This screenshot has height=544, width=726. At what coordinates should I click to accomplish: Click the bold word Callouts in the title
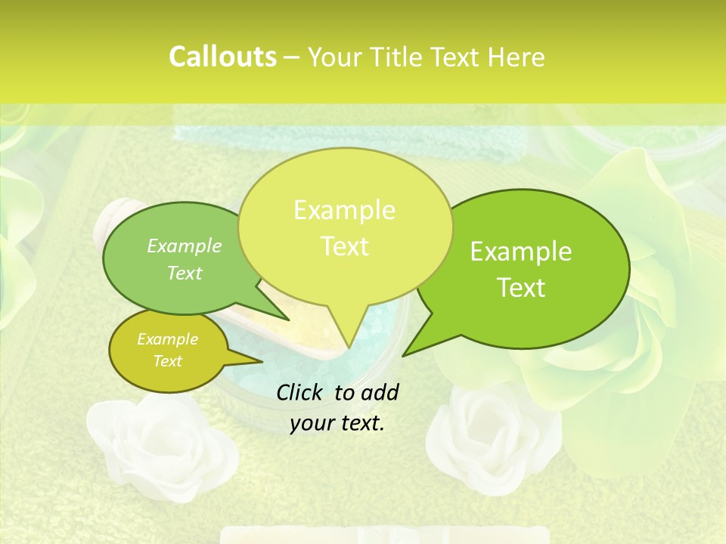(222, 57)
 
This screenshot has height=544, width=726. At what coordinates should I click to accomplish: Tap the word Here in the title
(516, 57)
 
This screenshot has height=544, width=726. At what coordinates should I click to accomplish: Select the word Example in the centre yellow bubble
(344, 210)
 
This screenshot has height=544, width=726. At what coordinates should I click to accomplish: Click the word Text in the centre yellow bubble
(344, 246)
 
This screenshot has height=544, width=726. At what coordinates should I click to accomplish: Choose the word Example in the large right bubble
(521, 252)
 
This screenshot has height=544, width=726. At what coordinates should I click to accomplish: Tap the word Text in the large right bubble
(521, 288)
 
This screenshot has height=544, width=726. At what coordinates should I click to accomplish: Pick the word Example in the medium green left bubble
(185, 246)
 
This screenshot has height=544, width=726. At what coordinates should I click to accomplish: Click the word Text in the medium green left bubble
(185, 273)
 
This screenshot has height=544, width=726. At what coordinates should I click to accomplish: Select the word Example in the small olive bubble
(167, 339)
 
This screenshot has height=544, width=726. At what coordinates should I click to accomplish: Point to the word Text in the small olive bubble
(167, 361)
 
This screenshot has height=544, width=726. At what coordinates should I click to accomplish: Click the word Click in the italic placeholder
(299, 392)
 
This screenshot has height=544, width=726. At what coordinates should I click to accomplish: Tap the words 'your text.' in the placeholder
(337, 424)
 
